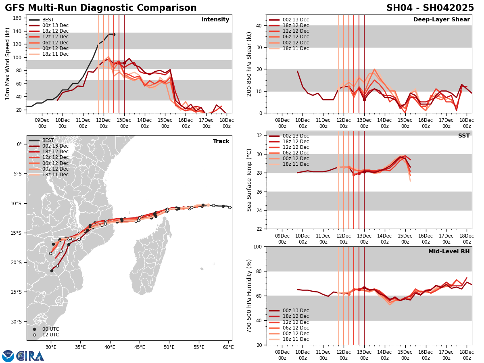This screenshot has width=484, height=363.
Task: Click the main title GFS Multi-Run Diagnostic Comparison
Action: click(101, 8)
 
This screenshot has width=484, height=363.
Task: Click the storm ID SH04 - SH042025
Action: click(430, 8)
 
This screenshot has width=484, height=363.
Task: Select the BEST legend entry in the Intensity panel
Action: click(48, 20)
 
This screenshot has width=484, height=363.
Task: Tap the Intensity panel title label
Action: click(215, 20)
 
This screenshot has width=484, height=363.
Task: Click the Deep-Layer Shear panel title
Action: click(441, 20)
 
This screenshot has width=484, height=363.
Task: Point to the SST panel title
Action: click(464, 136)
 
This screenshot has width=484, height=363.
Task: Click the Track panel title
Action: click(221, 142)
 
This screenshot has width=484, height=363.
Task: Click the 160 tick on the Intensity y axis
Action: click(18, 18)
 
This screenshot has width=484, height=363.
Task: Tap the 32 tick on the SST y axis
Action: click(260, 136)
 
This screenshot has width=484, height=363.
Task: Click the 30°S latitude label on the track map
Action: click(17, 322)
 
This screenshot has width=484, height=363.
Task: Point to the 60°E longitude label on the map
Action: click(228, 347)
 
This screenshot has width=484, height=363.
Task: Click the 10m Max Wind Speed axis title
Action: click(8, 64)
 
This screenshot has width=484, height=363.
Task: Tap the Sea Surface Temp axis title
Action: click(249, 180)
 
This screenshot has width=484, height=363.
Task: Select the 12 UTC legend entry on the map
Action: click(50, 335)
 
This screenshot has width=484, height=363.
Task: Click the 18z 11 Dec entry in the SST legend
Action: click(295, 164)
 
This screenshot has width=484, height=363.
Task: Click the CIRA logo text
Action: click(30, 356)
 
